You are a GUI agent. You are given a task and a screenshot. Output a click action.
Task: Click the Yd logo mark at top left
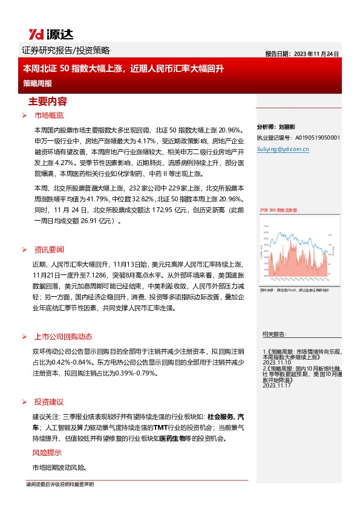click(x=35, y=33)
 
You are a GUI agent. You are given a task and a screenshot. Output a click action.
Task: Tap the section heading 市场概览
click(x=49, y=115)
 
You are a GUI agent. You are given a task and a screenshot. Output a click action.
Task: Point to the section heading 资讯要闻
click(x=49, y=249)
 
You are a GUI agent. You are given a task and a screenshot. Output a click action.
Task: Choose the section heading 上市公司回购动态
click(x=63, y=337)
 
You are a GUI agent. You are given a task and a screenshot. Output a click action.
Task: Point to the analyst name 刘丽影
click(x=286, y=128)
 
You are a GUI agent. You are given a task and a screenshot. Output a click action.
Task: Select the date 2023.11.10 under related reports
click(x=277, y=362)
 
